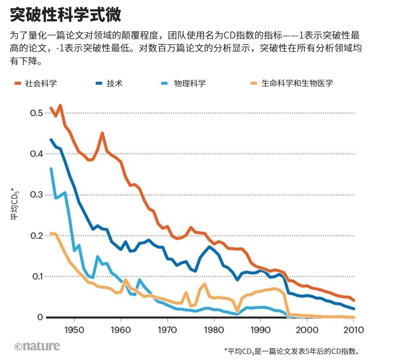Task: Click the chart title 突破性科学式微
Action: coord(65,15)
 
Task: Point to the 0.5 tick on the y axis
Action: coord(37,113)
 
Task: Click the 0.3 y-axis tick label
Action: coord(37,195)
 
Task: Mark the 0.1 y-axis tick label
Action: coord(37,276)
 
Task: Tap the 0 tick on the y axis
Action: coord(40,317)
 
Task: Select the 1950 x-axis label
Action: coord(74,330)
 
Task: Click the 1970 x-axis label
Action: coord(167,330)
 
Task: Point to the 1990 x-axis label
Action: coord(261,330)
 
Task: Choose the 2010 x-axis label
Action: coord(353,330)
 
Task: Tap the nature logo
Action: coord(37,346)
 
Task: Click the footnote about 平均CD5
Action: coord(292,351)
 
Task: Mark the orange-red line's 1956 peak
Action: coord(102,133)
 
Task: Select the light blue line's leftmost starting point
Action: coord(51,169)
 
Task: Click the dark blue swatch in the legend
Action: coord(99,83)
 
